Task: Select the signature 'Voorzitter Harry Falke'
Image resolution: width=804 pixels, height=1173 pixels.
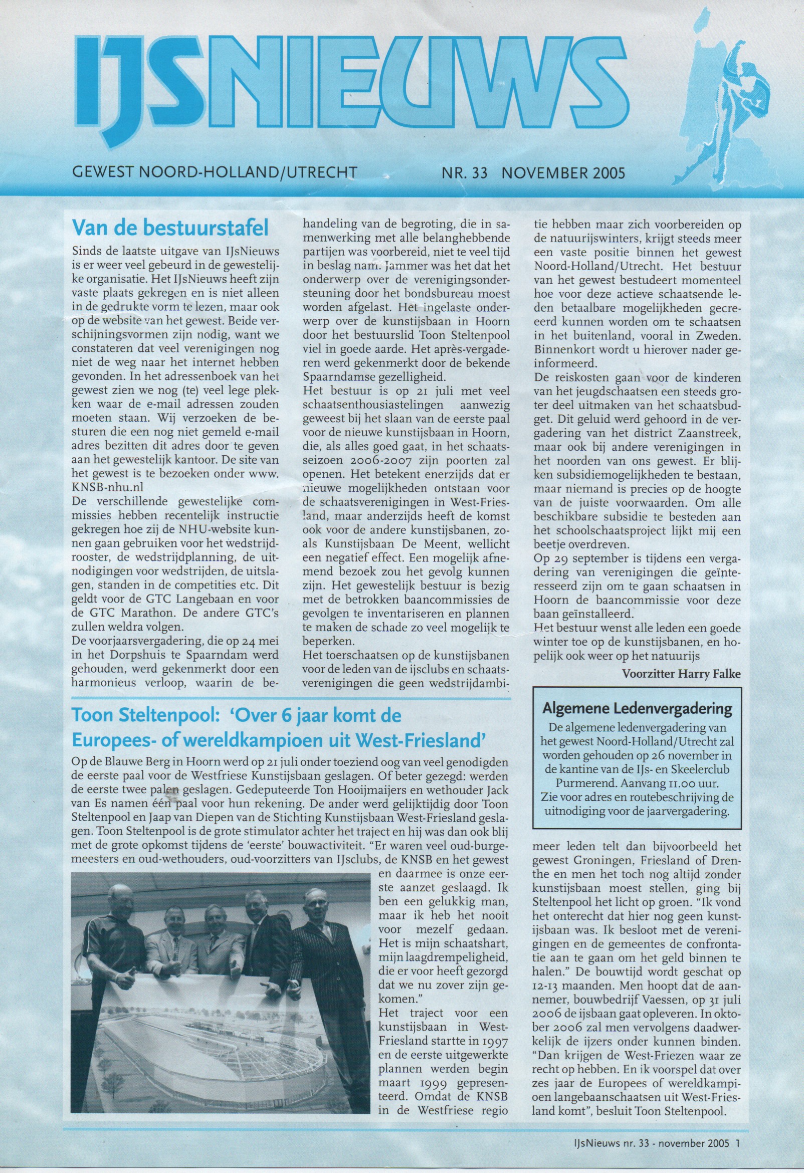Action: click(x=682, y=674)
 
